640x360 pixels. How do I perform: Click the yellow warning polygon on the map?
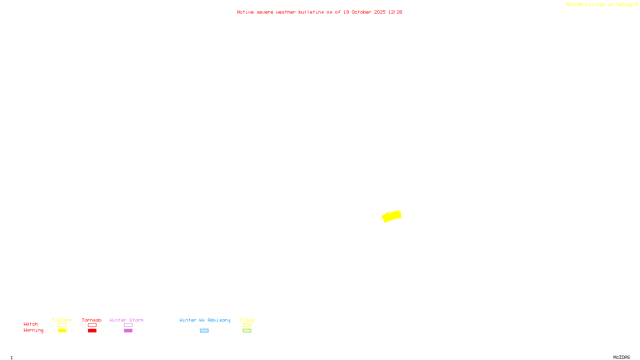tap(391, 216)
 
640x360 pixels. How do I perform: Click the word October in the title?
tap(361, 12)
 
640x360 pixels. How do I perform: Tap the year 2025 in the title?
tap(380, 12)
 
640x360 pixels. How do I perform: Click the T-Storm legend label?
tap(62, 320)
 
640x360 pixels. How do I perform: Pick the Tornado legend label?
tap(92, 320)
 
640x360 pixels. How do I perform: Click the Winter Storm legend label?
tap(126, 320)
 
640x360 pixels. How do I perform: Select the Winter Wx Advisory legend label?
tap(205, 320)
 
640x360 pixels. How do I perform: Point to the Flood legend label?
tap(247, 320)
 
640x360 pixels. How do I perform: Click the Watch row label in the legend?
tap(31, 324)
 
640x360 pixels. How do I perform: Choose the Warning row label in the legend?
tap(33, 330)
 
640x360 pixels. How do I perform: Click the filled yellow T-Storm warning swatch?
tap(62, 331)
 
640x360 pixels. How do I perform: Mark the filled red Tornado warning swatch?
tap(92, 331)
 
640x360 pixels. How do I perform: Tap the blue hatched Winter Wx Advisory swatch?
tap(204, 331)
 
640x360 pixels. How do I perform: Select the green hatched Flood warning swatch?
tap(247, 331)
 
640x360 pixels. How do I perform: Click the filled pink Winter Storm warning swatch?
tap(128, 331)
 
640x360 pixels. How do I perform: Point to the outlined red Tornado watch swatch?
tap(92, 325)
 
